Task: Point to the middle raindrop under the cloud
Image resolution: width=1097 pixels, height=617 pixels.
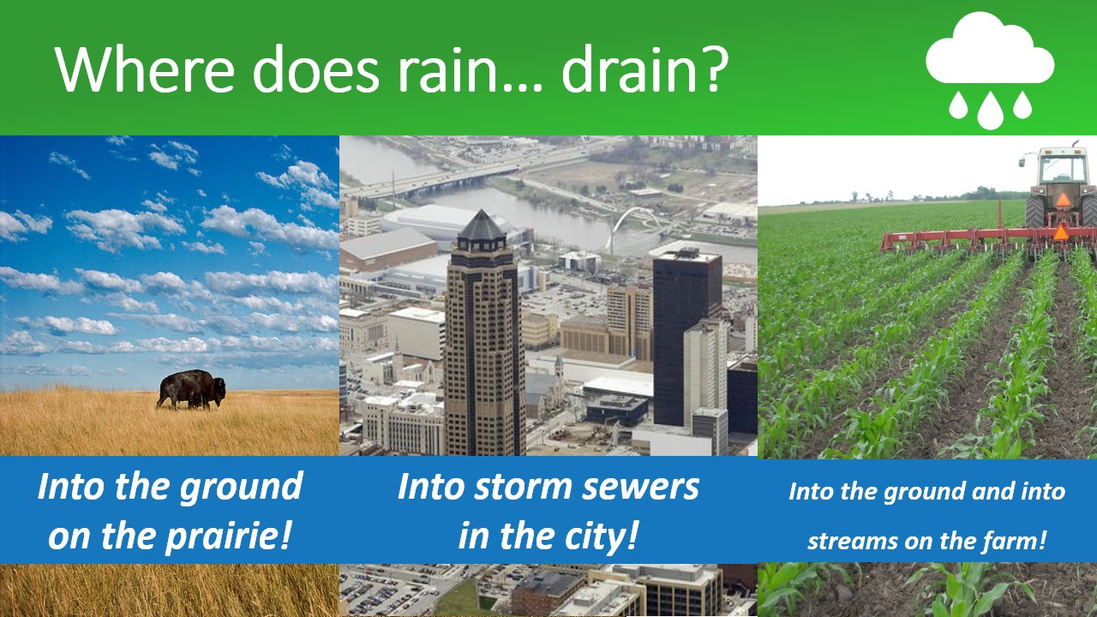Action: coord(990,111)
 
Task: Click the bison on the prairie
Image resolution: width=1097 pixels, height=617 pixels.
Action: coord(191,389)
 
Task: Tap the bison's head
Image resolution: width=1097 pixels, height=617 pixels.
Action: coord(219,389)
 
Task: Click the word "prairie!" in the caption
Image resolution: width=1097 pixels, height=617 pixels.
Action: coord(229,537)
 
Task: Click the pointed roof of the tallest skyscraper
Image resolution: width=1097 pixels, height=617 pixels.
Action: coord(482,225)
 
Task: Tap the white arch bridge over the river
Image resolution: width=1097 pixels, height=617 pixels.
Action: coord(634,226)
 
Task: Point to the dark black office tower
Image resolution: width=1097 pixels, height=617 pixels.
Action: coord(686,338)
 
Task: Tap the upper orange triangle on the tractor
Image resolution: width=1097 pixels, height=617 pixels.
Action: coord(1063,200)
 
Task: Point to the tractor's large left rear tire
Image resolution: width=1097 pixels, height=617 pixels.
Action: coord(1034,212)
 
